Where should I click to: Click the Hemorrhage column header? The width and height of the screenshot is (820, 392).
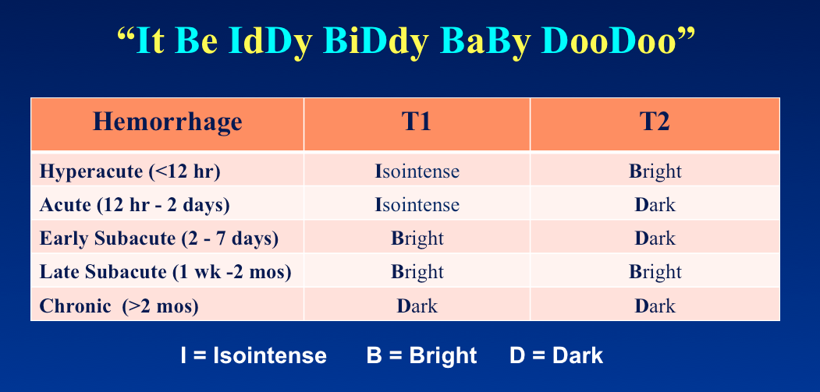[167, 122]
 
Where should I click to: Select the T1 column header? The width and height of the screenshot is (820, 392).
[417, 122]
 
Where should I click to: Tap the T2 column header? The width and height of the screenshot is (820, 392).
[655, 122]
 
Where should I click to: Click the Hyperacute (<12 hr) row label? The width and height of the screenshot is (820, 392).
[130, 171]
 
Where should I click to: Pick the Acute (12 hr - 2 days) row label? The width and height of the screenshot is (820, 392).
[134, 205]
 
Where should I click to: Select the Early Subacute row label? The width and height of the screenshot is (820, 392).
[159, 238]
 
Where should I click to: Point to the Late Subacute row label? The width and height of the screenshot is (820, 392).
[165, 272]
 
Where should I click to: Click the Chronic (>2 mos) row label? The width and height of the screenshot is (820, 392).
[119, 305]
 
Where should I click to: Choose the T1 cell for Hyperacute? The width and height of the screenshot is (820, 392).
[417, 171]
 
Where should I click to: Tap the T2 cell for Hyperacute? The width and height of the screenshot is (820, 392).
[655, 172]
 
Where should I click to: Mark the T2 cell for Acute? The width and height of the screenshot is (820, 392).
[655, 204]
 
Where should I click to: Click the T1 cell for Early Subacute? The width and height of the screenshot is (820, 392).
[417, 238]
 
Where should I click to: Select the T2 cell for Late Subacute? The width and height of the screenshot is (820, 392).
[655, 272]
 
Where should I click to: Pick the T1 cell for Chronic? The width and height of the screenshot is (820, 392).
[417, 305]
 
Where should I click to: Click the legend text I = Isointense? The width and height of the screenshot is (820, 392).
[254, 356]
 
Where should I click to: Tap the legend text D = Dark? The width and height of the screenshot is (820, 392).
[556, 356]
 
